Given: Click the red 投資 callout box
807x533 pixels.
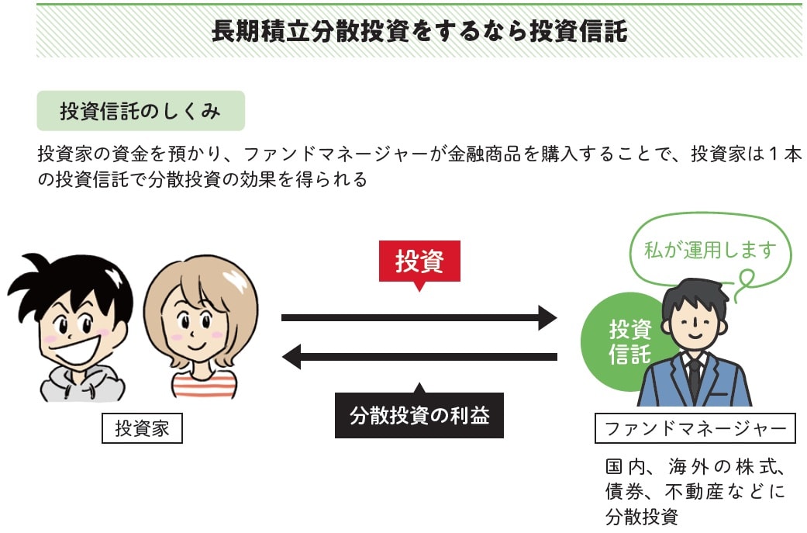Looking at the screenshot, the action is pyautogui.click(x=419, y=261).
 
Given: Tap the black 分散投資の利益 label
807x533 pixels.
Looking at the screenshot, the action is pyautogui.click(x=419, y=414).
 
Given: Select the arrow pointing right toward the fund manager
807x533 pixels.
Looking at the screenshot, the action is pyautogui.click(x=419, y=318).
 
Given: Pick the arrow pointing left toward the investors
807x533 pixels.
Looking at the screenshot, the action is pyautogui.click(x=419, y=357).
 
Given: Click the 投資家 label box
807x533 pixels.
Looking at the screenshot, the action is pyautogui.click(x=142, y=428).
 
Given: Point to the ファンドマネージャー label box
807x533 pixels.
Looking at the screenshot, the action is pyautogui.click(x=695, y=428).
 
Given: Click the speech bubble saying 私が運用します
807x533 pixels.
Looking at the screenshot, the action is pyautogui.click(x=710, y=250).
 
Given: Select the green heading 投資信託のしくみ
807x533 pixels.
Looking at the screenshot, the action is pyautogui.click(x=140, y=111).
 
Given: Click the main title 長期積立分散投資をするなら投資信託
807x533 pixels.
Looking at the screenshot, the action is pyautogui.click(x=419, y=31).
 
